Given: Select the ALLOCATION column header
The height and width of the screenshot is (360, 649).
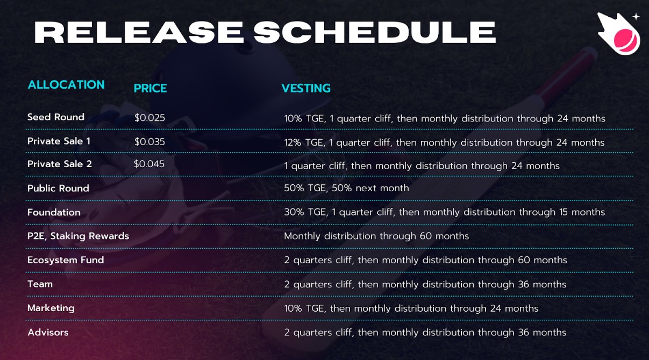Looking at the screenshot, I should tap(66, 85).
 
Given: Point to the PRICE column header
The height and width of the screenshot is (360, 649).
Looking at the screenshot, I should tap(150, 89).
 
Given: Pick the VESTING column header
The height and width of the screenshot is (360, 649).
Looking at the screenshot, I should tap(306, 89).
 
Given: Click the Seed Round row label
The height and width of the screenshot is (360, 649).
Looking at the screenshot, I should tap(56, 117).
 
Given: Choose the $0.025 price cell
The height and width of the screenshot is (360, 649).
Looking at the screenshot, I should tap(149, 118).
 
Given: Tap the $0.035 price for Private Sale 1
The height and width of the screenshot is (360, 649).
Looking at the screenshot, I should tap(149, 142).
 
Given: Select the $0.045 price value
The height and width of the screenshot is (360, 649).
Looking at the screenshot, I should tap(149, 164).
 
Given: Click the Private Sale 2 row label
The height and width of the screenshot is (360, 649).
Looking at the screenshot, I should tap(60, 164).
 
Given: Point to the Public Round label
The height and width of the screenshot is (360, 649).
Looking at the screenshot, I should tap(58, 189).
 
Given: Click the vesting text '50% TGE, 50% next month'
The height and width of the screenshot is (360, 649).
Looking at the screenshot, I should tap(346, 188).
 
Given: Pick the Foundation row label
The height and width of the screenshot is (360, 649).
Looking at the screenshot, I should tap(54, 212).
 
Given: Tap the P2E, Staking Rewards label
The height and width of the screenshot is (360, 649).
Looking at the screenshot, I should tap(78, 236).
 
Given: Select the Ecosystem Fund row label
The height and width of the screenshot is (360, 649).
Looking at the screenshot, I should tap(66, 260).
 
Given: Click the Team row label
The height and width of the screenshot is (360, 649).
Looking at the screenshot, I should tap(40, 284).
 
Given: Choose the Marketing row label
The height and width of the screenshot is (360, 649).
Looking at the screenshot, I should tap(51, 308).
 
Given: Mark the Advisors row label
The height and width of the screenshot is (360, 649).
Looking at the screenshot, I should tap(48, 333).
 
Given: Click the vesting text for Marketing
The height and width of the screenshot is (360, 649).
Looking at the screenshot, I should tap(411, 308).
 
